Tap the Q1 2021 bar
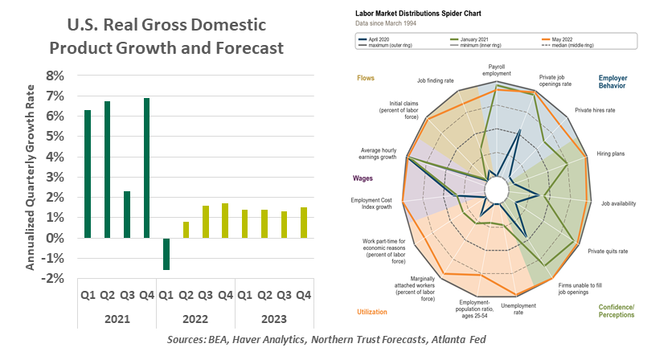[x=88, y=174]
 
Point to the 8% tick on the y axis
[x=55, y=76]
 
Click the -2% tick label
[x=53, y=279]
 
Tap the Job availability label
[x=619, y=203]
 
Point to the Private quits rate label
[x=608, y=252]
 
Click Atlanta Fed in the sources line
[x=465, y=341]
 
